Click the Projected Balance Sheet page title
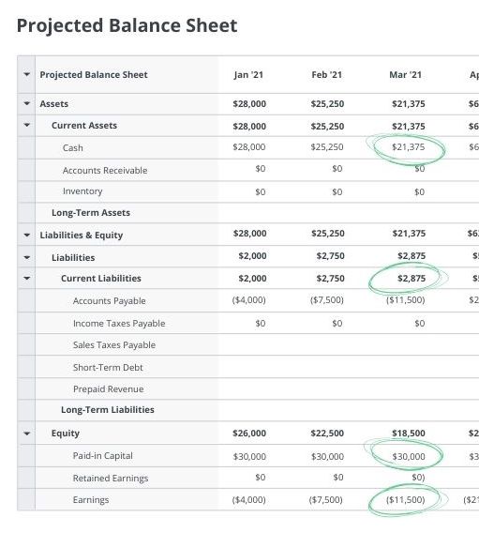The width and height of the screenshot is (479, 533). [127, 26]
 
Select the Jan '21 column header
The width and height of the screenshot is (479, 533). [249, 75]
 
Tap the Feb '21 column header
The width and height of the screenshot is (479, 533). [327, 75]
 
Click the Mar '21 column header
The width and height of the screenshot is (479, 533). [406, 75]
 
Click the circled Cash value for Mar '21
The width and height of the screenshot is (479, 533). [408, 147]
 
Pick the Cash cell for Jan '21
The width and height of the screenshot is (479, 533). [249, 147]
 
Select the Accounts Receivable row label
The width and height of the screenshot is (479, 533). [105, 170]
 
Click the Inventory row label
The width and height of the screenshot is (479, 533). [82, 191]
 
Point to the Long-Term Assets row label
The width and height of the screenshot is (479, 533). [91, 213]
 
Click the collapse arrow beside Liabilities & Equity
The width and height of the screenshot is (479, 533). [26, 236]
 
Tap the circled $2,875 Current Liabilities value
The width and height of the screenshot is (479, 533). [411, 279]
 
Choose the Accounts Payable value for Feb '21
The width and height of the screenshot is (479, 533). [327, 300]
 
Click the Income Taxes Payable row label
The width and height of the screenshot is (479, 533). [119, 323]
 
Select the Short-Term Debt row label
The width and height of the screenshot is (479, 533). [108, 367]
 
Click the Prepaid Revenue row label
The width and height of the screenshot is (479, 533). [109, 388]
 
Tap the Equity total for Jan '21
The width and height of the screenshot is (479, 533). [249, 434]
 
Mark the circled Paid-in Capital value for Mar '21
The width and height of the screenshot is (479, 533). [408, 456]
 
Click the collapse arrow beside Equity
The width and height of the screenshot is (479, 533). [26, 434]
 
